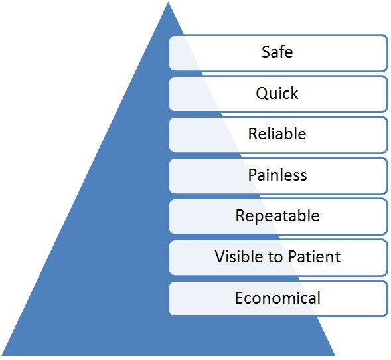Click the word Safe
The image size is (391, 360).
[x=277, y=52]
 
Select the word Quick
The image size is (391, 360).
[x=277, y=93]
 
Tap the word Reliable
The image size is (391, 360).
[x=277, y=134]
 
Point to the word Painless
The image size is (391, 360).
[x=277, y=175]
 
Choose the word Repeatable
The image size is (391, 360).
[x=277, y=216]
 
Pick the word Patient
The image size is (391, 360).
[x=314, y=256]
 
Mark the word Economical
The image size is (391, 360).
[x=277, y=298]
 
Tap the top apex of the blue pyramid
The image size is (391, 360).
[x=169, y=2]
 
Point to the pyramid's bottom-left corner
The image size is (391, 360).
[x=2, y=355]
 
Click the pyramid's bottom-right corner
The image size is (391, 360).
[x=335, y=355]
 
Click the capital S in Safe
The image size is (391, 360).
[x=266, y=52]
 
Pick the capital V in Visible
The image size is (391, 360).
[x=220, y=256]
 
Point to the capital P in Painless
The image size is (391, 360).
[x=252, y=175]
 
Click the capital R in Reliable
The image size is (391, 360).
[x=253, y=134]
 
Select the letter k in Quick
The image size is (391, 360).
[x=295, y=93]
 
